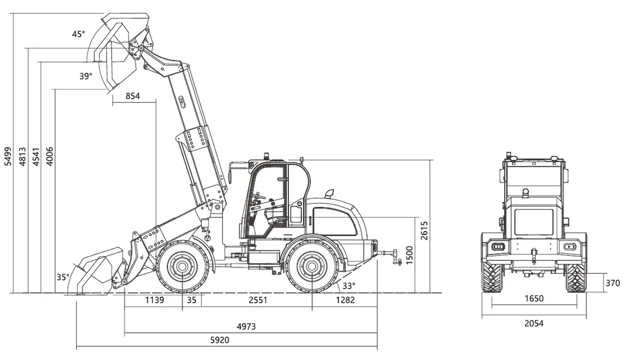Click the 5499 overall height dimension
(8, 157)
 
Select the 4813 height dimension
(22, 157)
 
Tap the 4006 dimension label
(50, 157)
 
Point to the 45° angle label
(78, 34)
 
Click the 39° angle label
(86, 76)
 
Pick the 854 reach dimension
(133, 97)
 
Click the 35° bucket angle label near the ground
(63, 277)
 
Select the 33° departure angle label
(349, 286)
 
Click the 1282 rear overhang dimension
(346, 300)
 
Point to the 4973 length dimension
(246, 326)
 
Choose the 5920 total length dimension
(220, 340)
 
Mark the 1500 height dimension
(408, 254)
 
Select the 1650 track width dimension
(533, 299)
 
